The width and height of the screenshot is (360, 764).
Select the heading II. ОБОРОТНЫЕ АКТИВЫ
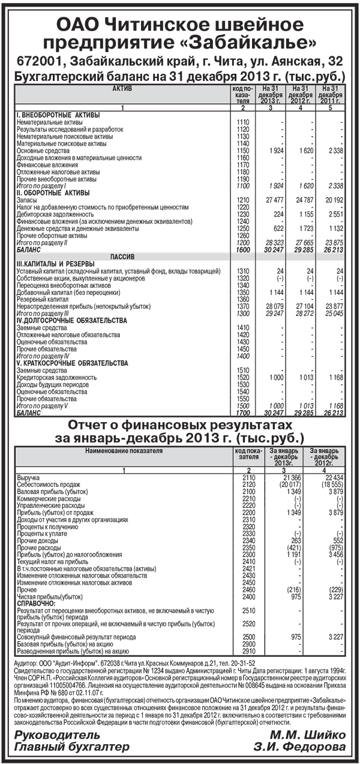pyautogui.click(x=54, y=192)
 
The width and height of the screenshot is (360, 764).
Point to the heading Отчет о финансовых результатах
pyautogui.click(x=180, y=425)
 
